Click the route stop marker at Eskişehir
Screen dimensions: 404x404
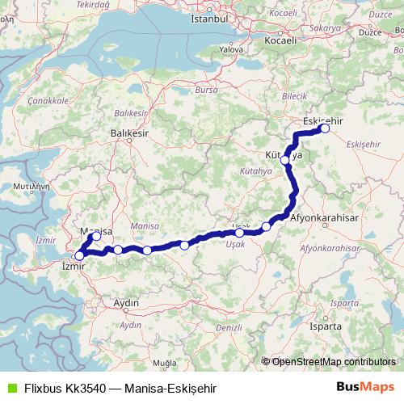(326, 128)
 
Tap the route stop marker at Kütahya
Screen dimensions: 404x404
(285, 160)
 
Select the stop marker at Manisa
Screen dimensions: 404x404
(96, 236)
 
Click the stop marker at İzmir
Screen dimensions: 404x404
(79, 255)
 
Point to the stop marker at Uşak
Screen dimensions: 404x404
(240, 233)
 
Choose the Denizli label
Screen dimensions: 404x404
(229, 327)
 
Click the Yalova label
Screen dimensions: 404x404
(231, 48)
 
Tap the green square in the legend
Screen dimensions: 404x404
(10, 387)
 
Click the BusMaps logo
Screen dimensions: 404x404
(366, 386)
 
